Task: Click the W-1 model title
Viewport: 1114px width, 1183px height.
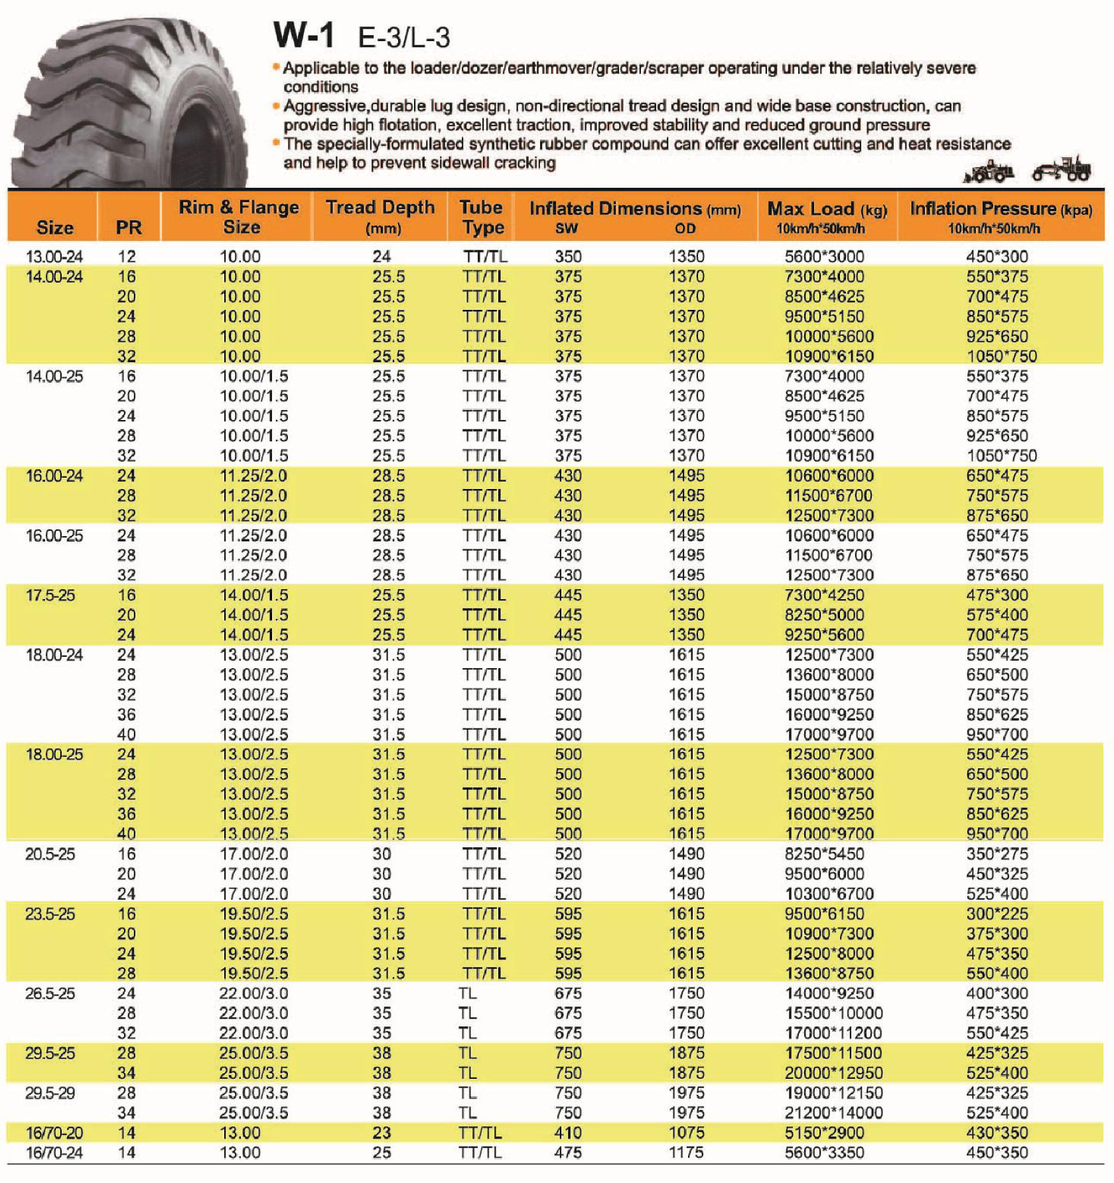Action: pos(303,35)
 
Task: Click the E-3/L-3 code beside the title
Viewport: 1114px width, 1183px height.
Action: pos(403,38)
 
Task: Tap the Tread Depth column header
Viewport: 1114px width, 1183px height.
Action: pos(380,216)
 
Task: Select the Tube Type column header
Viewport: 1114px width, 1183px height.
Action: pos(482,216)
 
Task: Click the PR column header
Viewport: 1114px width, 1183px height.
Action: pos(128,228)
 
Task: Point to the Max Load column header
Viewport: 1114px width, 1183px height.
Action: pos(827,216)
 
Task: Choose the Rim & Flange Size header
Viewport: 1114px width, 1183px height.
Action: pos(239,216)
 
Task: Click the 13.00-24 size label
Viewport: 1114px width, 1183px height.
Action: pos(54,256)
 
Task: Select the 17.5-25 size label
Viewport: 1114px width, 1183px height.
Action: pos(50,594)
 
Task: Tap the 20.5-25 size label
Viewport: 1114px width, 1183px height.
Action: pos(50,853)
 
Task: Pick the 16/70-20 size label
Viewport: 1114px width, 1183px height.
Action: pos(54,1132)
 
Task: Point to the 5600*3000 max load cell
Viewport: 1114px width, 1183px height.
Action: pos(824,256)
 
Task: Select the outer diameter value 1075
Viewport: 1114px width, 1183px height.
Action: pos(686,1132)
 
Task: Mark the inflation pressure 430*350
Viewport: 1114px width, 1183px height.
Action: pos(997,1132)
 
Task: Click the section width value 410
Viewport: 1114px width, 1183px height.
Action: pos(568,1132)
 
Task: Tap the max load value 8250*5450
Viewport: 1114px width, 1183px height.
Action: pos(824,853)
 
